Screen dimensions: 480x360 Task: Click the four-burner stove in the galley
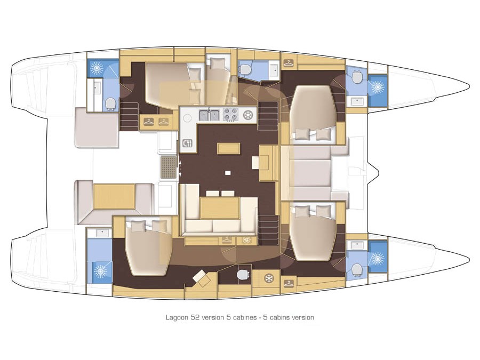(230, 115)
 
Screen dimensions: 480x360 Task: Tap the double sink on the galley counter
(210, 115)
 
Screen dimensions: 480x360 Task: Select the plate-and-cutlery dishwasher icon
(187, 143)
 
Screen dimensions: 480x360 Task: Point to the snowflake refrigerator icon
(269, 278)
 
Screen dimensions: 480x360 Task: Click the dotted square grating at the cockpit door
(169, 167)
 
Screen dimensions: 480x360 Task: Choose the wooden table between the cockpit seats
(114, 196)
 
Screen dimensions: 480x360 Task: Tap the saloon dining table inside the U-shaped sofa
(220, 208)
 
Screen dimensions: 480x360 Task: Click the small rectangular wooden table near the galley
(228, 148)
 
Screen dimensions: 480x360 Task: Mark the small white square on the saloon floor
(227, 173)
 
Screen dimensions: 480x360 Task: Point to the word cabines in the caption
(244, 317)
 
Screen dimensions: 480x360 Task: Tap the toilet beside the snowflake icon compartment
(243, 275)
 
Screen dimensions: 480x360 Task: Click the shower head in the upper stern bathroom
(97, 68)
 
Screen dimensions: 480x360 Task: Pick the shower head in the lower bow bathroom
(378, 259)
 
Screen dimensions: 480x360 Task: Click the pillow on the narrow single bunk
(218, 63)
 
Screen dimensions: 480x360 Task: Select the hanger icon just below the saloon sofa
(227, 240)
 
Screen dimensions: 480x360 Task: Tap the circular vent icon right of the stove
(247, 115)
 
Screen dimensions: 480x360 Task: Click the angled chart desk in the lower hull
(202, 278)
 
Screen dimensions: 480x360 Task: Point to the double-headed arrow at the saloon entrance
(180, 168)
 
